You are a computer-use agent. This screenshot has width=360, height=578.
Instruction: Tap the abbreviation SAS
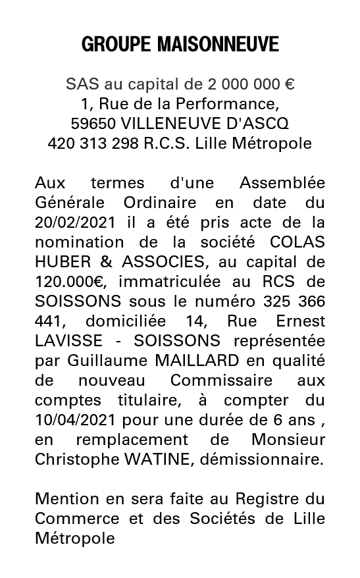pos(80,84)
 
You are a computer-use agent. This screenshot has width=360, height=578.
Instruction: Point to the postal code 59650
pos(93,124)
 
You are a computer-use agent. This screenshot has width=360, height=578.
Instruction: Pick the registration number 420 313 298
pos(93,143)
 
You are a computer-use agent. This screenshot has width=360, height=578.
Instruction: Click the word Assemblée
pos(282,182)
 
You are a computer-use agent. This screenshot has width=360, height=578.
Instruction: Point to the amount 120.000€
pos(68,282)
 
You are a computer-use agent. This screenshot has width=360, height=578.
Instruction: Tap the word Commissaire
pos(221,381)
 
